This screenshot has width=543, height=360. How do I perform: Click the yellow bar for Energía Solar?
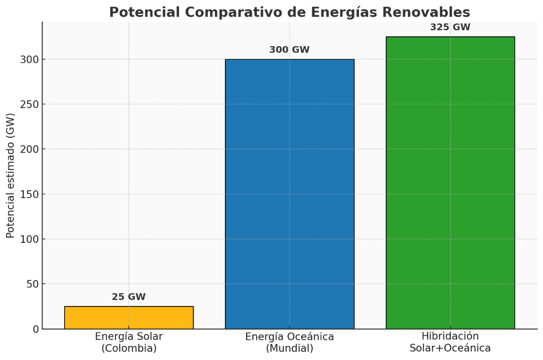129,318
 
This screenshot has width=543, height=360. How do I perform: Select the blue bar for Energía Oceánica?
290,194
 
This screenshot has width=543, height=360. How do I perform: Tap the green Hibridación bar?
450,183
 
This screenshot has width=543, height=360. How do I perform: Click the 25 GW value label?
129,297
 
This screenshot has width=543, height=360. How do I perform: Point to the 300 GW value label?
290,50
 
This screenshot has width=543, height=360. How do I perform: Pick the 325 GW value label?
450,27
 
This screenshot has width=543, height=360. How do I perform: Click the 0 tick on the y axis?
36,329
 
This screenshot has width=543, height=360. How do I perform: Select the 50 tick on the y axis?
33,284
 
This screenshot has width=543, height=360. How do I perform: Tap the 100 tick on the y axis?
30,239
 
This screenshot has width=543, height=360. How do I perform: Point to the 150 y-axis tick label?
30,194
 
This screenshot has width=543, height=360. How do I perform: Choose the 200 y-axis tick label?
30,149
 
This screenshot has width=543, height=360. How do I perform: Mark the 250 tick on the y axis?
30,104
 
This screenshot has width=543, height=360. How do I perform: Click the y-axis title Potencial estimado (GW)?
11,175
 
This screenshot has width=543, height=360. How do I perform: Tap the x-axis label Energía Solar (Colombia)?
129,343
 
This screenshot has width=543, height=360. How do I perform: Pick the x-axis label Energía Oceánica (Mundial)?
290,343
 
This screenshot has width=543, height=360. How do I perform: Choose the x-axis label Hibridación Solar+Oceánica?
450,343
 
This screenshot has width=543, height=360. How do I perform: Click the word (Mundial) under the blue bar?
290,349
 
